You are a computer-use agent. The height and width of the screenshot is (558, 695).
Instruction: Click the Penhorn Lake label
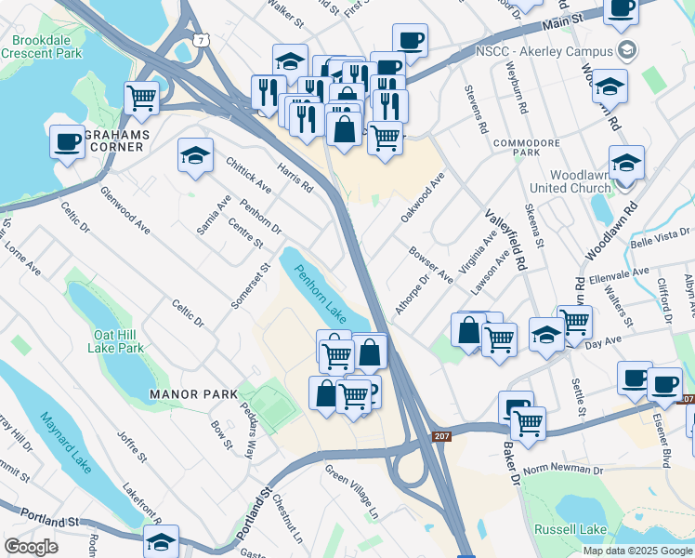pos(321,290)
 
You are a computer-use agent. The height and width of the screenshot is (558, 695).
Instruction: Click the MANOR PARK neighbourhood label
pos(194,394)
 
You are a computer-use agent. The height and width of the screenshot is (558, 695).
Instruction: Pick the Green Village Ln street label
pos(352,490)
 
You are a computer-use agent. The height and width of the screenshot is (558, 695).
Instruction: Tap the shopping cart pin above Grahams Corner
pos(141,97)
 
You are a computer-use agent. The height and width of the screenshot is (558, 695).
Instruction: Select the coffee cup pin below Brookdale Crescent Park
pos(66,142)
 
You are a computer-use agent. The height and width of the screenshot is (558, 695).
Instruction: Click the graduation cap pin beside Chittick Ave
pos(195,154)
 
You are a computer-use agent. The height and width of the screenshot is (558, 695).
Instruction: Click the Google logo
pos(31,547)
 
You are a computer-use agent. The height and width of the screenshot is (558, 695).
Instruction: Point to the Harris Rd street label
pos(295,174)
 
